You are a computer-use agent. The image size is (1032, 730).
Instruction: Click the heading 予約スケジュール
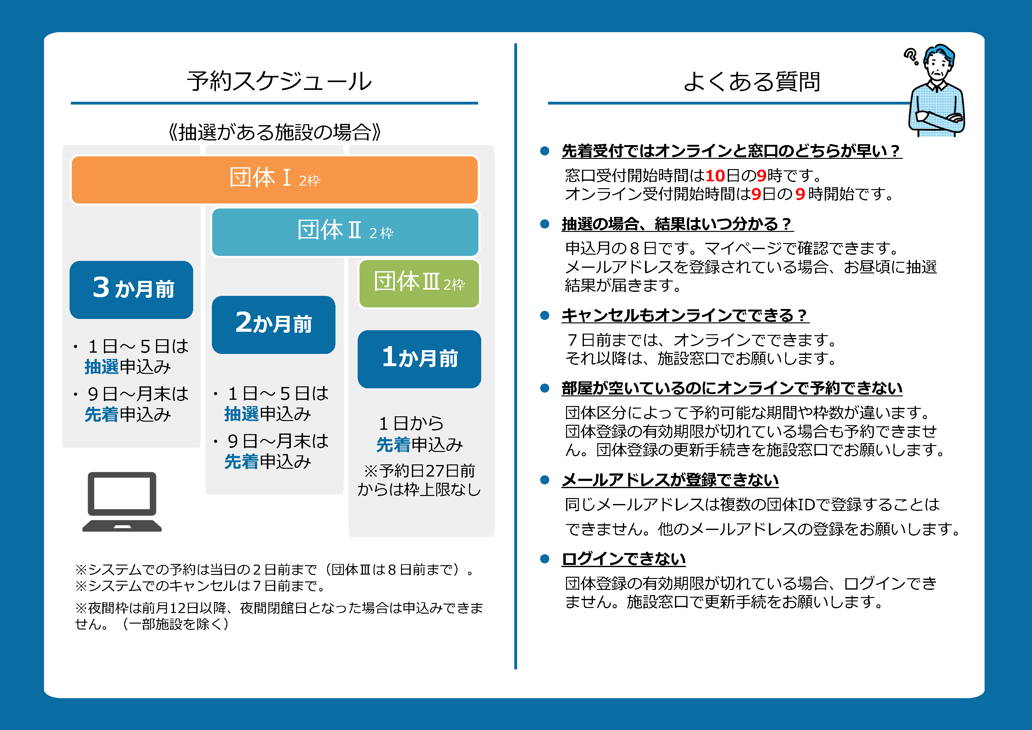(279, 81)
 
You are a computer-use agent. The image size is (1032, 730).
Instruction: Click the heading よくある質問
(751, 81)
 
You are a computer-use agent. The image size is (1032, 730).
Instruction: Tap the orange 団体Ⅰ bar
(274, 180)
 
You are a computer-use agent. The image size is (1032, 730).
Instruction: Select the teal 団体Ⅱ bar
(345, 232)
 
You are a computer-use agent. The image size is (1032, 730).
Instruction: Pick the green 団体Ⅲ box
(419, 284)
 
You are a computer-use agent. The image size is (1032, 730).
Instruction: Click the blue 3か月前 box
(131, 290)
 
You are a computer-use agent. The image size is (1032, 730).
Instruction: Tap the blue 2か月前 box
(273, 325)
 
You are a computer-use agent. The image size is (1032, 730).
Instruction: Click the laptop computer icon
(122, 502)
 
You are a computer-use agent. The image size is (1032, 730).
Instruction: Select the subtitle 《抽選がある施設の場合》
(274, 132)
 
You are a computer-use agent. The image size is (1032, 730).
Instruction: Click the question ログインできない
(624, 559)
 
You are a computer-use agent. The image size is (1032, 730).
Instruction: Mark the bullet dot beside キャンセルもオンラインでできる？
(545, 315)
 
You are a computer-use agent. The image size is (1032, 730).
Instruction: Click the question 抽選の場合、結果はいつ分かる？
(677, 223)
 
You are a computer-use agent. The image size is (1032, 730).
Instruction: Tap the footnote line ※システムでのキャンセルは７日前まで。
(200, 586)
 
